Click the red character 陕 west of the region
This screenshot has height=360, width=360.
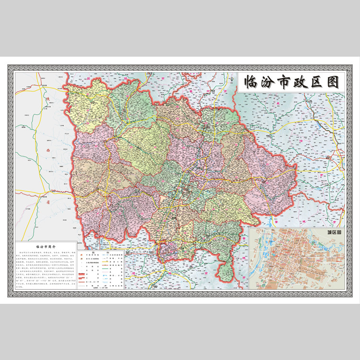pyautogui.click(x=47, y=99)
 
